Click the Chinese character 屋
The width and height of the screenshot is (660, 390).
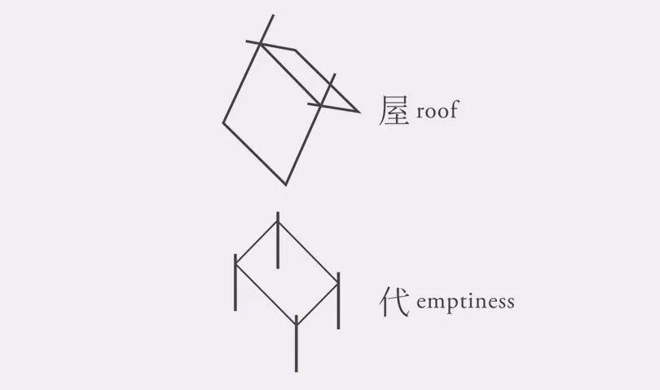pyautogui.click(x=394, y=110)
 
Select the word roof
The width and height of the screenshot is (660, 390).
pyautogui.click(x=438, y=109)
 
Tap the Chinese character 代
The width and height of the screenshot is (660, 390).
pyautogui.click(x=394, y=301)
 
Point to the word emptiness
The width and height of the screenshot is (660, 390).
pyautogui.click(x=465, y=303)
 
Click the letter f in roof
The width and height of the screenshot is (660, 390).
pyautogui.click(x=453, y=109)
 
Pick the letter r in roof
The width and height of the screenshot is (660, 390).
pyautogui.click(x=420, y=112)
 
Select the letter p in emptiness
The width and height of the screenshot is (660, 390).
pyautogui.click(x=449, y=304)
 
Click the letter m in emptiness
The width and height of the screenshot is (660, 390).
pyautogui.click(x=434, y=303)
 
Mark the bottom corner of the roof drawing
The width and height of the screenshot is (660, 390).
pyautogui.click(x=286, y=184)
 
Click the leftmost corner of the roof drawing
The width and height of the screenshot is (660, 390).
pyautogui.click(x=223, y=123)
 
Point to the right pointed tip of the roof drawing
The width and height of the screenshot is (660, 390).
pyautogui.click(x=359, y=112)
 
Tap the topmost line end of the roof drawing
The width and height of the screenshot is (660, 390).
pyautogui.click(x=273, y=16)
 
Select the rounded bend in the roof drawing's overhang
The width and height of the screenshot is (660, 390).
pyautogui.click(x=295, y=51)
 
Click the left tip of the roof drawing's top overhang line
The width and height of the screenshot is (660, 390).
pyautogui.click(x=247, y=42)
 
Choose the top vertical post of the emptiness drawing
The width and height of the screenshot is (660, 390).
pyautogui.click(x=278, y=240)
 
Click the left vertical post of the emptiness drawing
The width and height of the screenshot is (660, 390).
pyautogui.click(x=235, y=282)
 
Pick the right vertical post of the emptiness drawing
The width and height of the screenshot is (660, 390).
pyautogui.click(x=338, y=300)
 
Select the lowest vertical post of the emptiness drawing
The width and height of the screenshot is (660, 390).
pyautogui.click(x=297, y=343)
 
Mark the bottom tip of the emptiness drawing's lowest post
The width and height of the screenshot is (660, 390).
pyautogui.click(x=297, y=372)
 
